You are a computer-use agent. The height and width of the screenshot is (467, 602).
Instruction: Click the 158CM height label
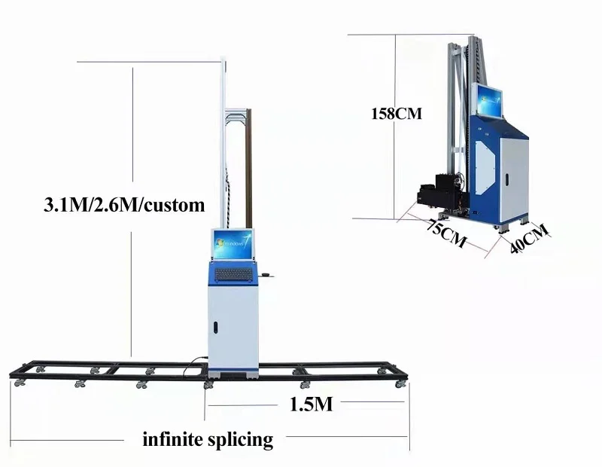point(397,114)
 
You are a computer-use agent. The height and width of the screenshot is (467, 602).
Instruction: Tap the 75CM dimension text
point(447,233)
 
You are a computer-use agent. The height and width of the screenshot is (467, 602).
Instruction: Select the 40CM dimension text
point(530,239)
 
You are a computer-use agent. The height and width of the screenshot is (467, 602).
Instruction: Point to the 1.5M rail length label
point(311,404)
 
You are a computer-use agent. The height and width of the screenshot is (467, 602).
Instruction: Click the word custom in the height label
point(175,205)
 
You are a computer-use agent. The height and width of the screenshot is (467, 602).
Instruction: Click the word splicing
point(241,439)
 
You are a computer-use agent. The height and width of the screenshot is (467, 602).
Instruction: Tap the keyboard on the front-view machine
point(234,275)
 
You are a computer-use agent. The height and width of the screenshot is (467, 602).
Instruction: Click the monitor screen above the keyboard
point(233,245)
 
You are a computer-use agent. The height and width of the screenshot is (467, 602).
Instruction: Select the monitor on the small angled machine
point(490,100)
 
